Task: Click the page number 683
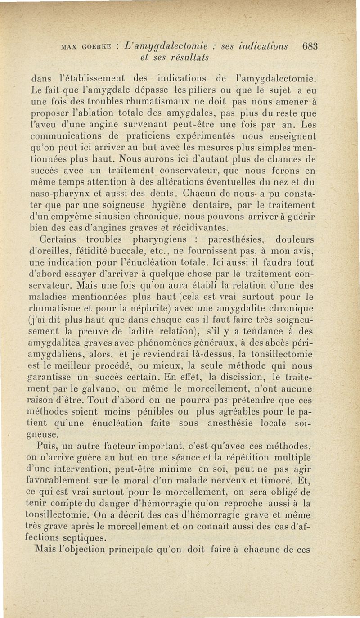(x=310, y=46)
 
